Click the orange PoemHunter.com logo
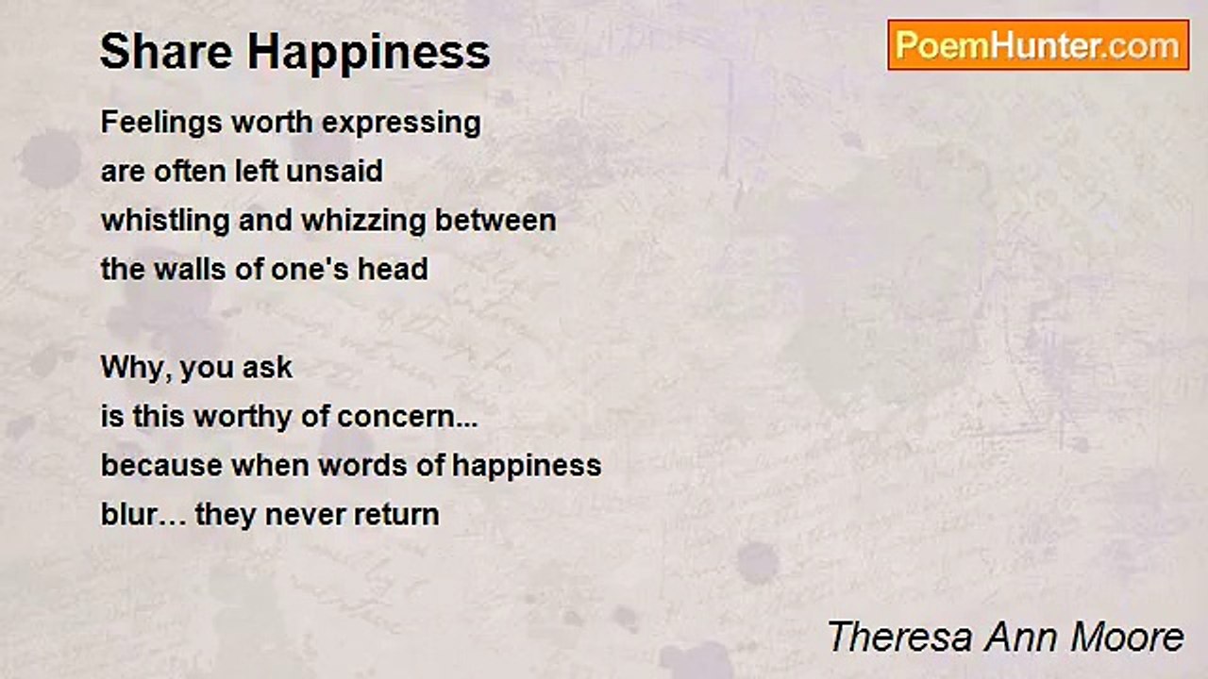1038,45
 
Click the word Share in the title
166,52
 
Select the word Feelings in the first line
161,124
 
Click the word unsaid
334,172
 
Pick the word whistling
165,222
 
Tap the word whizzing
363,222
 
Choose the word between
495,221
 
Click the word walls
190,269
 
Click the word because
161,465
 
